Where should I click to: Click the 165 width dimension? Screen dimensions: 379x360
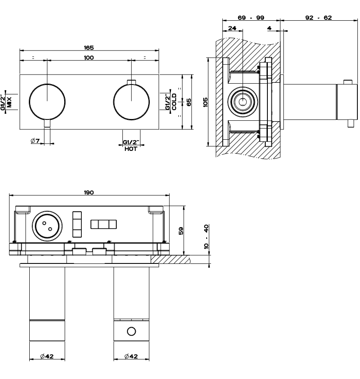[x=89, y=48]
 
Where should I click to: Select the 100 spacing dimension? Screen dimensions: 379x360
[x=89, y=58]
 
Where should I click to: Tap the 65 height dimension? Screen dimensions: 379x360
[x=189, y=102]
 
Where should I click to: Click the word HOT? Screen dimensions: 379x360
[x=130, y=149]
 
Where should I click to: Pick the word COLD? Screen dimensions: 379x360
[x=174, y=102]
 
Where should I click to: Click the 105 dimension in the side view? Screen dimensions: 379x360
[x=205, y=102]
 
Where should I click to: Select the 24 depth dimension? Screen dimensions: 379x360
[x=232, y=28]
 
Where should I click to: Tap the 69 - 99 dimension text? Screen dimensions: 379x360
[x=251, y=18]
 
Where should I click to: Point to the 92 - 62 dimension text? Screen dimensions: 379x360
[x=318, y=18]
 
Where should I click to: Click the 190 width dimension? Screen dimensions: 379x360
[x=89, y=192]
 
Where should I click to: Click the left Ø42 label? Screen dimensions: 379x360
[x=47, y=356]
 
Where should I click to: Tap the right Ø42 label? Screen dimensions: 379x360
[x=131, y=356]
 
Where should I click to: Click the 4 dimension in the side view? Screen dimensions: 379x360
[x=269, y=28]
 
